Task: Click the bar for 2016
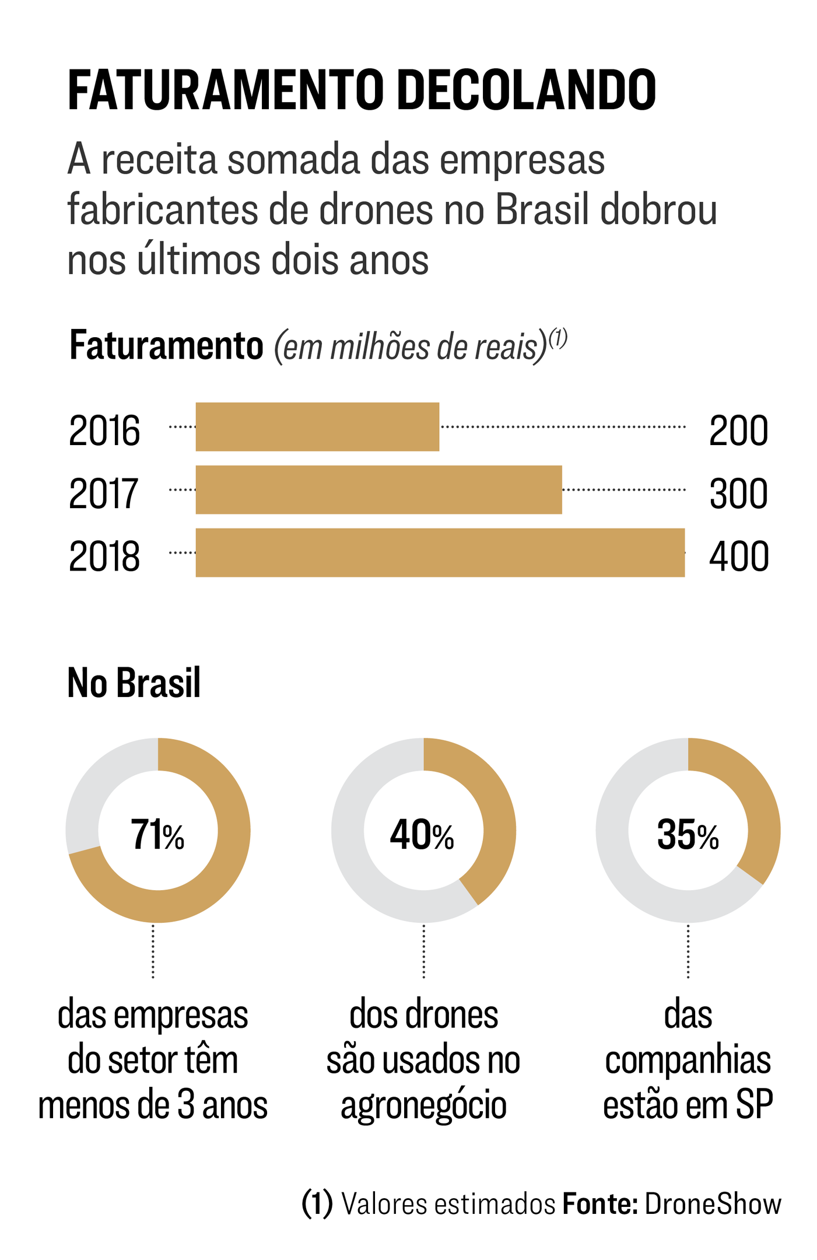coord(317,426)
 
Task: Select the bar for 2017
coord(378,489)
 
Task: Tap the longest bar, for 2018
coord(440,552)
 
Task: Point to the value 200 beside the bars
coord(738,431)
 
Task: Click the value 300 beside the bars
coord(738,494)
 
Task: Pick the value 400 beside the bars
coord(738,556)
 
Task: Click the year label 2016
coord(104,431)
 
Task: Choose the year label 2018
coord(104,556)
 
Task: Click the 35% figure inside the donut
coord(688,835)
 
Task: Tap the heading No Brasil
coord(134,682)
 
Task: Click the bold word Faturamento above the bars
coord(166,346)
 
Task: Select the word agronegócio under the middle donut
coord(423,1104)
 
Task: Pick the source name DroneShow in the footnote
coord(713,1203)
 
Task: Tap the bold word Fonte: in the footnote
coord(599,1203)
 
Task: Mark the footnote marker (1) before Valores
coord(317,1203)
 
